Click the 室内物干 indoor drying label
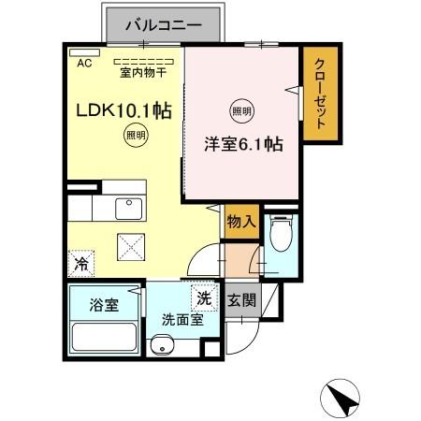click(142, 72)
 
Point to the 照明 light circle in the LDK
click(136, 137)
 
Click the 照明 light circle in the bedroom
click(241, 109)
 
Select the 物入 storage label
click(240, 222)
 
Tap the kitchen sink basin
click(126, 207)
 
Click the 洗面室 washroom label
click(181, 318)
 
